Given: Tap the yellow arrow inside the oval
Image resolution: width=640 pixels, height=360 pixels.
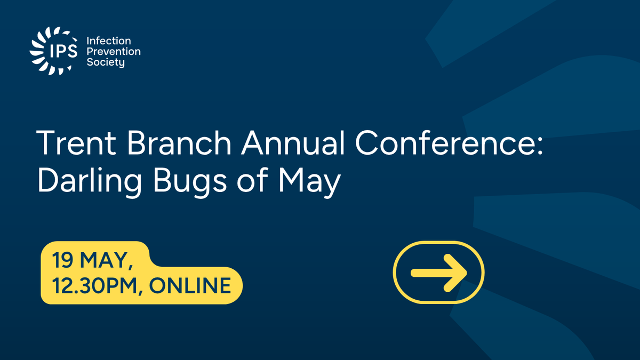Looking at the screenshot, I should point(438,273).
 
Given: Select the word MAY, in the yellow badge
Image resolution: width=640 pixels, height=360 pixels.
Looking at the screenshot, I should point(107,262).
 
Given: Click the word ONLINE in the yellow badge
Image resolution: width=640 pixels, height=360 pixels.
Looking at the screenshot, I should point(190,286).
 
